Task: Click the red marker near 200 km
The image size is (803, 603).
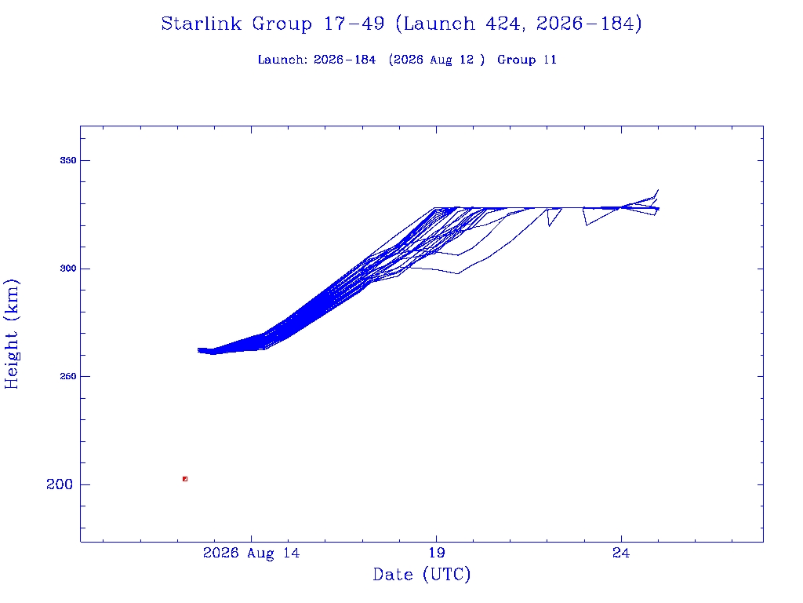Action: [185, 479]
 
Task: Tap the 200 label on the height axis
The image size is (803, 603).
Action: [60, 484]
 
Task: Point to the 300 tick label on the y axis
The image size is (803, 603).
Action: [67, 269]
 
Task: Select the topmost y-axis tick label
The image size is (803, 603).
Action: [67, 160]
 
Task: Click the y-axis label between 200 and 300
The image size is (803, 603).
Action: [67, 376]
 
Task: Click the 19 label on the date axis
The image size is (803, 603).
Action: [436, 553]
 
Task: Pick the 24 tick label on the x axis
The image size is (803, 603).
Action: [621, 553]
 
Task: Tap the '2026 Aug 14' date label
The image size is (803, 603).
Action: [252, 553]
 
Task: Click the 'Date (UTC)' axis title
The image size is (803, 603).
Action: [421, 574]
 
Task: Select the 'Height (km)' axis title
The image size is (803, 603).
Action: [11, 334]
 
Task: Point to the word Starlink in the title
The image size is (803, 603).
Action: [202, 24]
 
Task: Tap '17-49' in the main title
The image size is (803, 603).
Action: [354, 24]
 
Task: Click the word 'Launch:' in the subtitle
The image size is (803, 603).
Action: [282, 60]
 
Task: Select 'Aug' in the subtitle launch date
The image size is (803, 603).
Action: [441, 60]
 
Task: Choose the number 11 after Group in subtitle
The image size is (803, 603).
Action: [550, 60]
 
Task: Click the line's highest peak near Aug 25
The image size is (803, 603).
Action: [658, 190]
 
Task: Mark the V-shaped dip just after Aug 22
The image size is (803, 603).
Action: [549, 225]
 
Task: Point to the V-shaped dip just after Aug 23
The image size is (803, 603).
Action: [587, 225]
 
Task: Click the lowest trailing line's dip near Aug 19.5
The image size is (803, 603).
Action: [458, 273]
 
